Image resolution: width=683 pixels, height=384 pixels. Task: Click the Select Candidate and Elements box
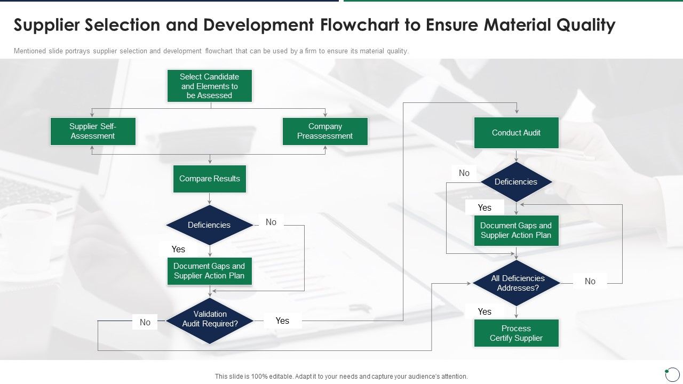[210, 86]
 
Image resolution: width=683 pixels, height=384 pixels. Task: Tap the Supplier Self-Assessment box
[93, 131]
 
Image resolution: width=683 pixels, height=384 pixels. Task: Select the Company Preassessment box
[325, 131]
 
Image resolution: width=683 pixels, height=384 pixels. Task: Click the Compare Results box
[210, 179]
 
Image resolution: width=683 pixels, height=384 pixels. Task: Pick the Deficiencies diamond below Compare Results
[209, 225]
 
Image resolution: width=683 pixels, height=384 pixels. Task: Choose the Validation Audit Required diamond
[210, 319]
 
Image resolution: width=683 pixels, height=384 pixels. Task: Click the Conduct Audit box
[516, 133]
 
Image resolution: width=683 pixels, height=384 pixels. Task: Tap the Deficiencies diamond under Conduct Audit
[516, 182]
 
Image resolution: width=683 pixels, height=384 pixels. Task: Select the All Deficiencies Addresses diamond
[516, 283]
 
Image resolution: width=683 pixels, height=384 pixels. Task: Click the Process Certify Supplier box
[516, 333]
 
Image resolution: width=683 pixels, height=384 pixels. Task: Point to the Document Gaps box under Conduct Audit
[516, 230]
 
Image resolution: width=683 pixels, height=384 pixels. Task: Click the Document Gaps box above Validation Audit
[209, 271]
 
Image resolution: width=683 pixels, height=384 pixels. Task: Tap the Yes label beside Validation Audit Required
[282, 321]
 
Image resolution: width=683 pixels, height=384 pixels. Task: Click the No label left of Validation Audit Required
[145, 322]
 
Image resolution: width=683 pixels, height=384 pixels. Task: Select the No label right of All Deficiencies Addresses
[590, 281]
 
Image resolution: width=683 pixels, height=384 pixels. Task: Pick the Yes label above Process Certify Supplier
[485, 311]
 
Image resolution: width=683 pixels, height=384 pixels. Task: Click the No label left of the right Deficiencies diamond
[464, 173]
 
